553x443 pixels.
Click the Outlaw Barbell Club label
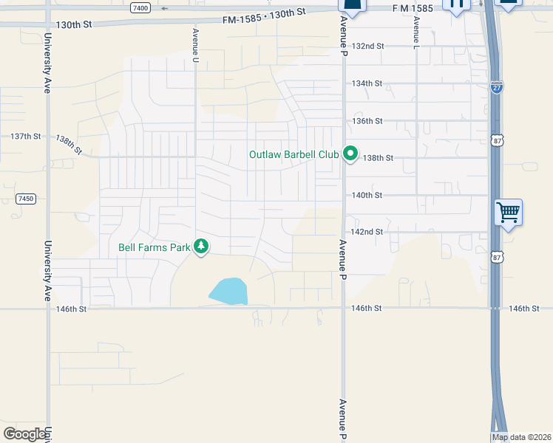[x=293, y=155]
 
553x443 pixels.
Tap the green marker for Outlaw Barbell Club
[x=350, y=155]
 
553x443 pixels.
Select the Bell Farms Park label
[x=155, y=247]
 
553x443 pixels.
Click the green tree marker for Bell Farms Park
[x=201, y=247]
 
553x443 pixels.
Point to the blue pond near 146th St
[x=228, y=292]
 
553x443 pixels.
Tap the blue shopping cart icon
[x=509, y=213]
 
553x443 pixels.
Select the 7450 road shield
[x=26, y=199]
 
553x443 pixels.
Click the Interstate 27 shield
[x=497, y=87]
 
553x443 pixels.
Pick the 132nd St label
[x=368, y=46]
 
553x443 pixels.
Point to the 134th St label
[x=367, y=83]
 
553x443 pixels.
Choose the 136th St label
[x=367, y=121]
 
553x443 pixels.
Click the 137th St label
[x=26, y=137]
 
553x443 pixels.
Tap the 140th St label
[x=367, y=196]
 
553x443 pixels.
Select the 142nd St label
[x=367, y=232]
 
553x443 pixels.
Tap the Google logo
[x=24, y=434]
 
